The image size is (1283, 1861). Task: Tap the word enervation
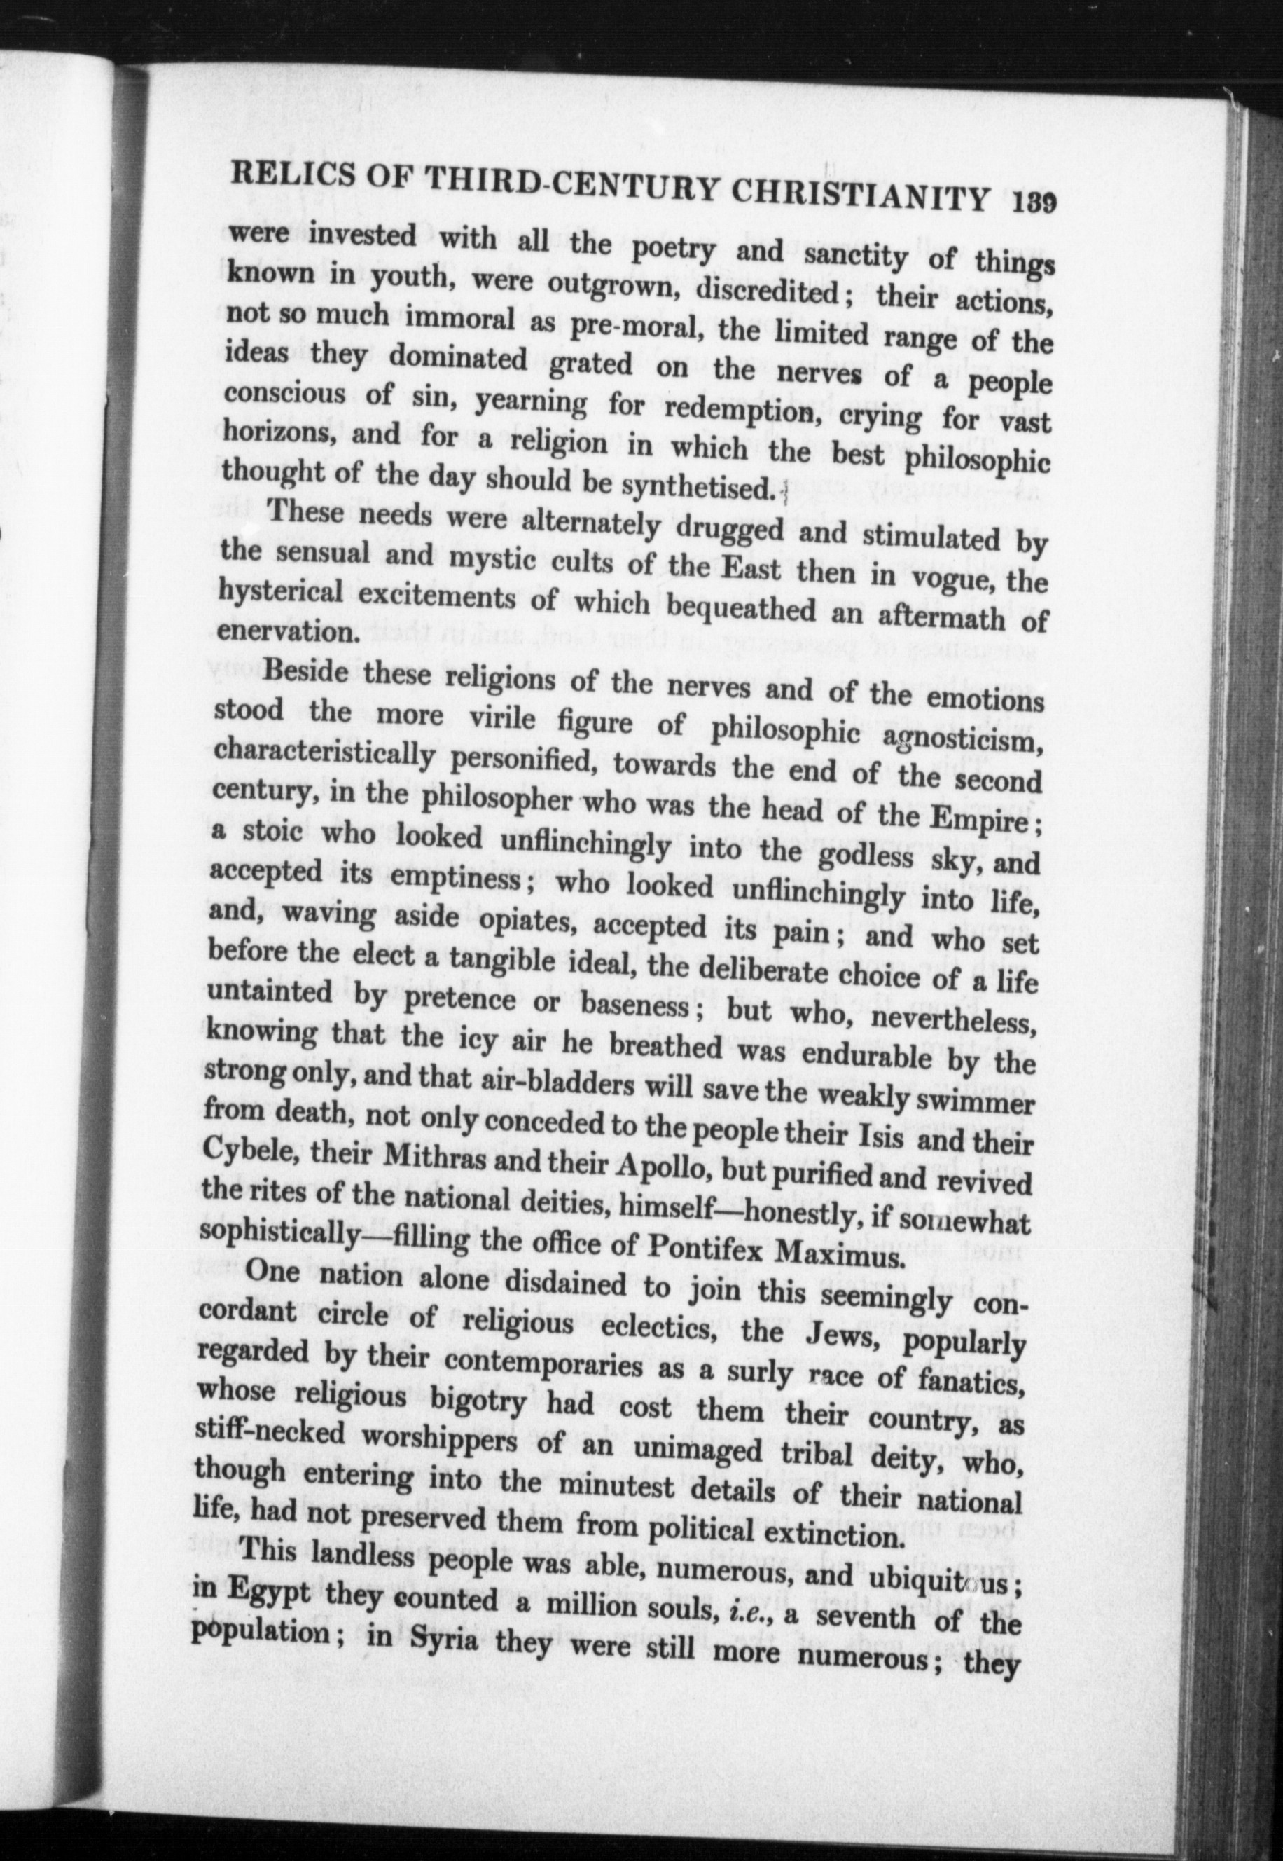coord(286,631)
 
